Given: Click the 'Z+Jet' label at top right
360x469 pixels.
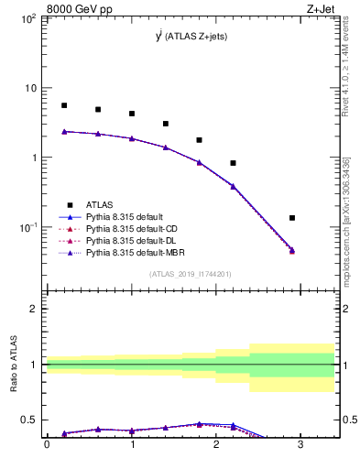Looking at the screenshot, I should pyautogui.click(x=332, y=10).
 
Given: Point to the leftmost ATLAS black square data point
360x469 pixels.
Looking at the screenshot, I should pyautogui.click(x=64, y=105).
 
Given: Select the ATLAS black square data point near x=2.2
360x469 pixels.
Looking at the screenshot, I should pyautogui.click(x=234, y=163).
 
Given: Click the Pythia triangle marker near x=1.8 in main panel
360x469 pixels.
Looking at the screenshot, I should pyautogui.click(x=200, y=162).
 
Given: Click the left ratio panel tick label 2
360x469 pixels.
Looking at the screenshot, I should pyautogui.click(x=34, y=309).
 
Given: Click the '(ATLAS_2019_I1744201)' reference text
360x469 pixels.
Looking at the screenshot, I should pyautogui.click(x=191, y=274).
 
